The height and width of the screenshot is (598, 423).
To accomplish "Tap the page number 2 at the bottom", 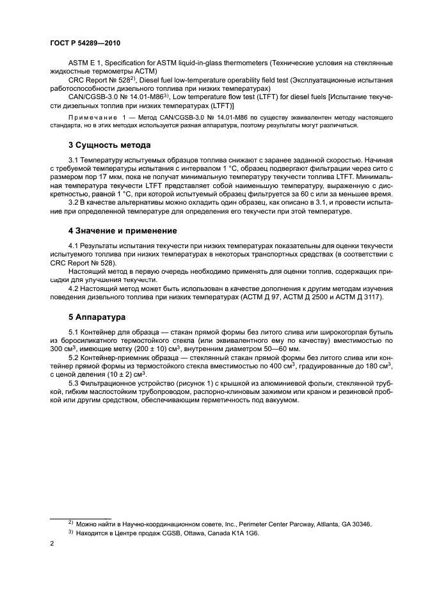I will [52, 543].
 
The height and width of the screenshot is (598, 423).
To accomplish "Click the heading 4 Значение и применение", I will [124, 230].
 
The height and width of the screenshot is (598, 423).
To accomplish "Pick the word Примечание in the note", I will [93, 118].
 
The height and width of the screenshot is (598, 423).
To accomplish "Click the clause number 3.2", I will [74, 204].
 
